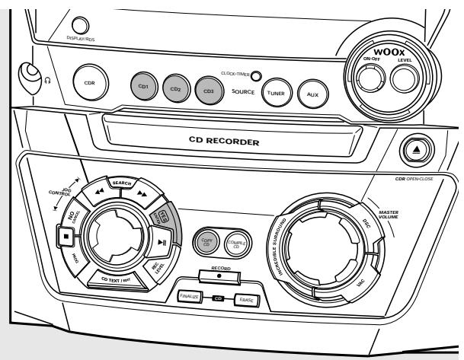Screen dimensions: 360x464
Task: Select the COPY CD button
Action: [x=206, y=241]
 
